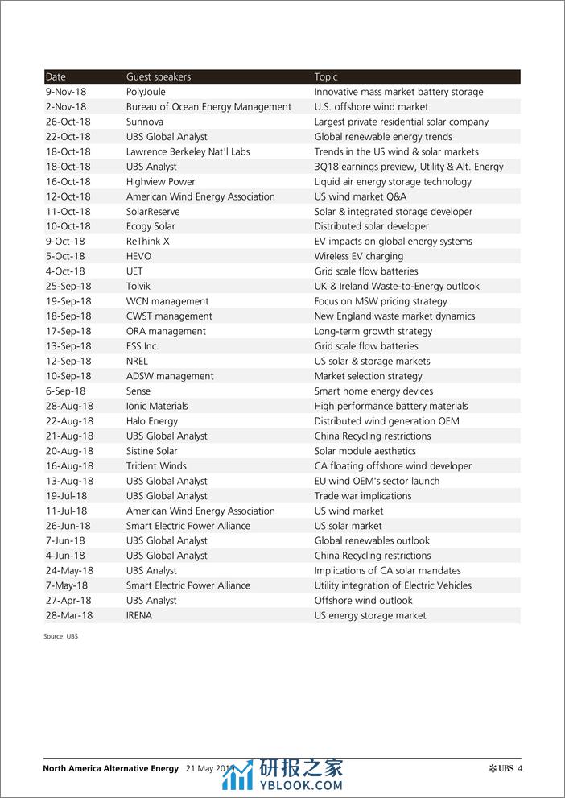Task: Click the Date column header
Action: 56,77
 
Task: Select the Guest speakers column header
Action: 159,77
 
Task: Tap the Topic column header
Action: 326,77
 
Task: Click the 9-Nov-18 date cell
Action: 66,92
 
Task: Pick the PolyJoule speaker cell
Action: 146,92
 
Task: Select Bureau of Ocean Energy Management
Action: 208,107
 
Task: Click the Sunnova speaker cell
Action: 145,122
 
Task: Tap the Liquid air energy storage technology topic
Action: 393,182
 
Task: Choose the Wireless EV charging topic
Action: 359,256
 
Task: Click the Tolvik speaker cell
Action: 138,286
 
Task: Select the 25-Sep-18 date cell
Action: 68,286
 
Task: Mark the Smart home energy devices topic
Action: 373,391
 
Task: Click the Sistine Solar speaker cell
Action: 152,451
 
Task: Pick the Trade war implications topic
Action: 363,496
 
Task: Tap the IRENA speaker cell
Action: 139,615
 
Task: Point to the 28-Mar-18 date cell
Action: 69,615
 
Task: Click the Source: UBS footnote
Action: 61,636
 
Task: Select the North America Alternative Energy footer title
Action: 111,768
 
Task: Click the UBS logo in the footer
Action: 501,768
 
